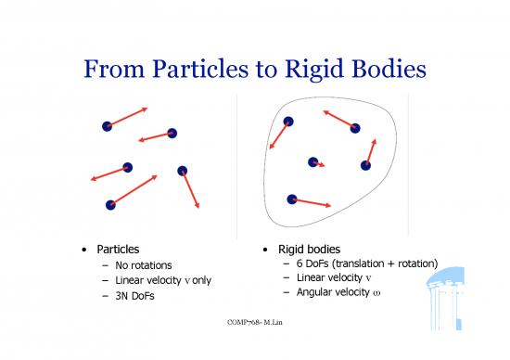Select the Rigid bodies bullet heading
(311, 250)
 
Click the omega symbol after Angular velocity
(376, 293)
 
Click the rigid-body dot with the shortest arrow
(313, 162)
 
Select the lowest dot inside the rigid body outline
(292, 199)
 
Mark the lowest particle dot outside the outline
(110, 204)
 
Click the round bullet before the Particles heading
(84, 251)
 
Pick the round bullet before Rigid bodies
(267, 251)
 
